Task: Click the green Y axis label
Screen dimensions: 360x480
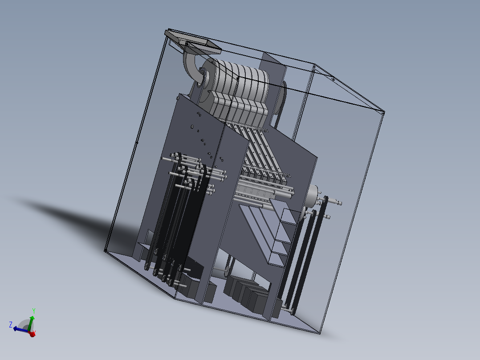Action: pyautogui.click(x=34, y=311)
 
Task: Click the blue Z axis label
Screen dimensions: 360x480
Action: pyautogui.click(x=10, y=324)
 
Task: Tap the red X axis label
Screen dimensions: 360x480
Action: pyautogui.click(x=34, y=333)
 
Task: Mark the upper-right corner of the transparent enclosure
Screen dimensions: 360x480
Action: pyautogui.click(x=383, y=111)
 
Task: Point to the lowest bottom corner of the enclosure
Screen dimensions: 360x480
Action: pyautogui.click(x=320, y=333)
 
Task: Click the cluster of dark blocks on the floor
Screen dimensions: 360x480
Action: pyautogui.click(x=247, y=294)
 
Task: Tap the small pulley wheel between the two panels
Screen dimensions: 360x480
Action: pyautogui.click(x=227, y=270)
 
